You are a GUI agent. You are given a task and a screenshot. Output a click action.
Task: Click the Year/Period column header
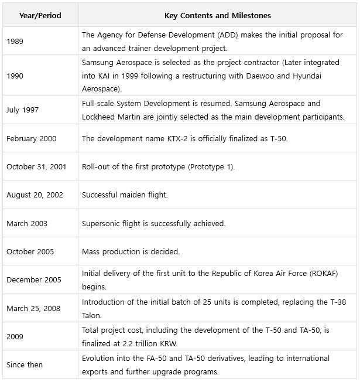[x=40, y=15]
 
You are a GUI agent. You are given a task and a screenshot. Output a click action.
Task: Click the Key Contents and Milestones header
[x=217, y=15]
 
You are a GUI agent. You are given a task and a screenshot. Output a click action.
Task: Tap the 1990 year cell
[x=15, y=76]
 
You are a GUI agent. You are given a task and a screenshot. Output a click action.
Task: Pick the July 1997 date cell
[x=22, y=110]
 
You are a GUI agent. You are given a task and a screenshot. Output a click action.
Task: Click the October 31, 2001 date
[x=36, y=166]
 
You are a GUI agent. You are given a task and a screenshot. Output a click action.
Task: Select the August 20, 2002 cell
[x=35, y=195]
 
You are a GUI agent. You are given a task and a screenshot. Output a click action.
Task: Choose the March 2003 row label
[x=27, y=223]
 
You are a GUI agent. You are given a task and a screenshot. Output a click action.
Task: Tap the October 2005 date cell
[x=30, y=251]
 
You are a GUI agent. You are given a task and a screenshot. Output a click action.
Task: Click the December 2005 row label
[x=33, y=280]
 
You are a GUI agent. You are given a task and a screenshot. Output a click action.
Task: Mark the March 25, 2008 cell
[x=33, y=308]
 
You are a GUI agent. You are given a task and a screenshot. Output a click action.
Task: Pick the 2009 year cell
[x=15, y=337]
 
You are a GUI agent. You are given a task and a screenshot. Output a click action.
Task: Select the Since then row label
[x=25, y=365]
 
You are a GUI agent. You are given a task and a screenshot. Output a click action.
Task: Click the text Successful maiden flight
[x=125, y=195]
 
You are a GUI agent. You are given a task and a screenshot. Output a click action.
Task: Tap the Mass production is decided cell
[x=131, y=251]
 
